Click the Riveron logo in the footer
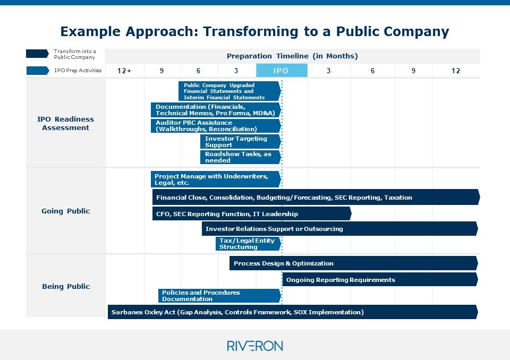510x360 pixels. tap(254, 346)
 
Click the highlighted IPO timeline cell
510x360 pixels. tap(282, 71)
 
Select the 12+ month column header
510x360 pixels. tap(124, 71)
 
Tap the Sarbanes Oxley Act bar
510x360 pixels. tap(292, 312)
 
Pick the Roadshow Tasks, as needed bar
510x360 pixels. tap(241, 157)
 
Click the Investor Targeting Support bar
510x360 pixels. tap(241, 142)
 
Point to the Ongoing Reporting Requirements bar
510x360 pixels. tap(379, 280)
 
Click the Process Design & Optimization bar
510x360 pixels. tap(353, 263)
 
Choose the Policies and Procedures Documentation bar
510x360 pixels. tap(219, 296)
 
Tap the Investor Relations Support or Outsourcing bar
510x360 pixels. tap(339, 229)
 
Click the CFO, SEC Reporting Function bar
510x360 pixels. tap(252, 214)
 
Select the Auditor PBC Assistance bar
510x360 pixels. tap(216, 126)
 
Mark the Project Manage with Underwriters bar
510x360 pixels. tap(216, 179)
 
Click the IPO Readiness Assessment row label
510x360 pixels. tap(66, 123)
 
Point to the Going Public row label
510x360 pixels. tap(66, 211)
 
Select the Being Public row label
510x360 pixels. tap(66, 287)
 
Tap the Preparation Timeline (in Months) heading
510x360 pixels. tap(292, 56)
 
